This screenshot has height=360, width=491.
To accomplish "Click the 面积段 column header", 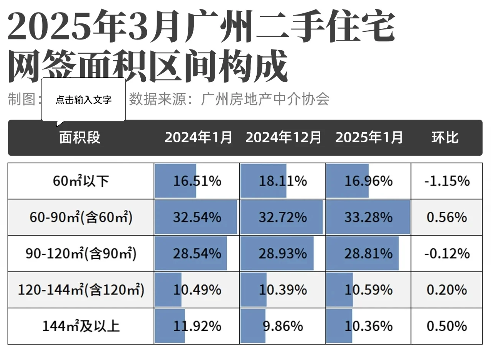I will point(80,137).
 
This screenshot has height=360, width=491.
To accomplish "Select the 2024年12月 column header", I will point(283,137).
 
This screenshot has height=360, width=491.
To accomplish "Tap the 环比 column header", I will point(445,137).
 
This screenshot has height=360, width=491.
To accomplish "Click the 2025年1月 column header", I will point(369,137).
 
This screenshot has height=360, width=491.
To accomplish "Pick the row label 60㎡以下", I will point(81,181).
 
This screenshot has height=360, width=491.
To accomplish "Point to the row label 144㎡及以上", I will point(81,326).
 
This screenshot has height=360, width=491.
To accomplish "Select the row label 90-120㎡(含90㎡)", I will point(81,254).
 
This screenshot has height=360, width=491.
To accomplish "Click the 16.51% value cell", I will point(197,181).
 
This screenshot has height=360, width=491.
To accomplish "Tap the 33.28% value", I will point(368,217).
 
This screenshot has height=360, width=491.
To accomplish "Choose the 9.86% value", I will point(283,326).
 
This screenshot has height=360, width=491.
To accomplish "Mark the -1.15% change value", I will point(447,181).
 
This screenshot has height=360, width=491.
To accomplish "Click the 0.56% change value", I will point(447,217).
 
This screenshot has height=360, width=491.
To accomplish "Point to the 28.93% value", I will point(283,254).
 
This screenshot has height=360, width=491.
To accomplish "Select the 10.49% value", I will point(197,290).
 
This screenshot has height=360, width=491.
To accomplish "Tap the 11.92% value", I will point(197,326).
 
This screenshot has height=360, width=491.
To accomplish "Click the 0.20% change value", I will point(447,290).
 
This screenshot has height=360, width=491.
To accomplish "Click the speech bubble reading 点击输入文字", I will point(83,100).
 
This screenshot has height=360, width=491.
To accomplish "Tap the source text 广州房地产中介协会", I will point(265,100).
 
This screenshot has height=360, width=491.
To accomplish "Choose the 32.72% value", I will point(283,217).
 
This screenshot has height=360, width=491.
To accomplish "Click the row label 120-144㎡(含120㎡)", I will point(81,290).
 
